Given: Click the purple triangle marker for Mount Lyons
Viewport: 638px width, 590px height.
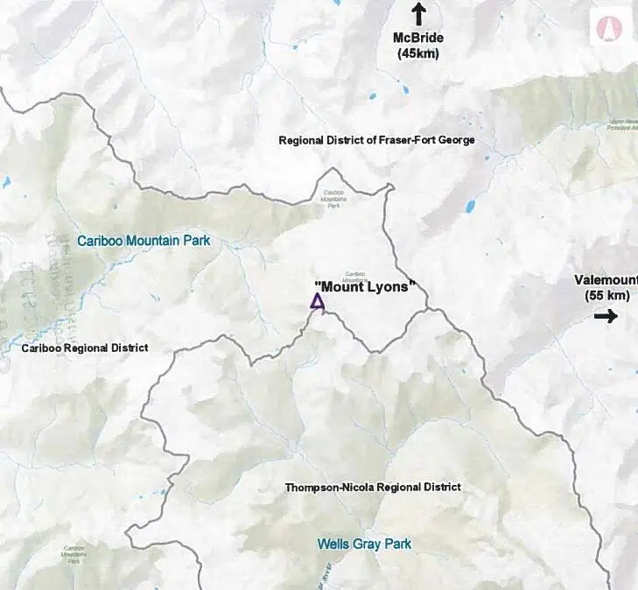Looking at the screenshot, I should (x=318, y=302).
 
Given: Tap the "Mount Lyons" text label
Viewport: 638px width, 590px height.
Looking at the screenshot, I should (x=363, y=285).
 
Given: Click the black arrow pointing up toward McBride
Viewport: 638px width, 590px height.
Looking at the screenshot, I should (x=418, y=13).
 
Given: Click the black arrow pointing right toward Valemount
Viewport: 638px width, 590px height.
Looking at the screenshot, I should (x=605, y=316).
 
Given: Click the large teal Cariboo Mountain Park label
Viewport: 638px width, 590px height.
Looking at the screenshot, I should (x=144, y=240).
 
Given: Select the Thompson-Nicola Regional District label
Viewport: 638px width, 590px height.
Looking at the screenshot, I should (x=373, y=487).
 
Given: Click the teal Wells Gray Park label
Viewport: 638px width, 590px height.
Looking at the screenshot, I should (x=364, y=544).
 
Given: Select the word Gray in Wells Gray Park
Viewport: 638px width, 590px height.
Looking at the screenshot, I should (x=366, y=544).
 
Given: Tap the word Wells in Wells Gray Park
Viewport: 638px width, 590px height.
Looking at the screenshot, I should (x=333, y=544).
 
